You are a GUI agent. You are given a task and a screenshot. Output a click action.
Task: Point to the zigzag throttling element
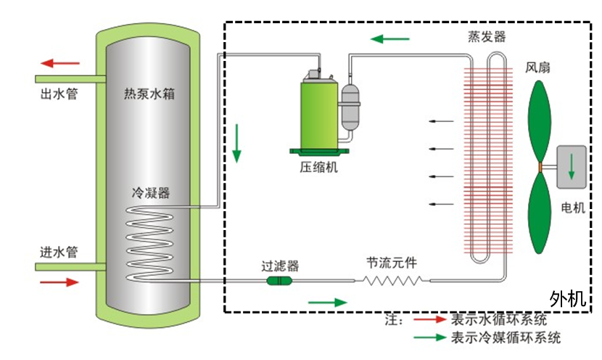393,279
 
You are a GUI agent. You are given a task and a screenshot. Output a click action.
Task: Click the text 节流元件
392,261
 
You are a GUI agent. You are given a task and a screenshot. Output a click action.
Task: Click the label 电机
573,208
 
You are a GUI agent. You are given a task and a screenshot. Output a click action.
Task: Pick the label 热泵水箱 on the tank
148,94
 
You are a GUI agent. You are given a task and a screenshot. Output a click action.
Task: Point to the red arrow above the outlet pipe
60,63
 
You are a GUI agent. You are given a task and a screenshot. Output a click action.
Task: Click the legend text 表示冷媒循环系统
506,337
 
